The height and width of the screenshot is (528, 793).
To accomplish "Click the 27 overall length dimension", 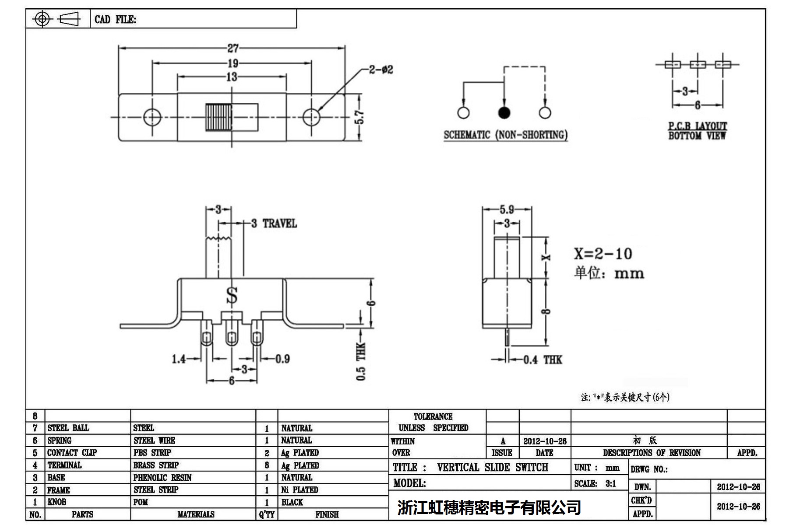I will coord(233,48).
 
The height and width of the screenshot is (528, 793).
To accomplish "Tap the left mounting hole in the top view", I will coord(152,117).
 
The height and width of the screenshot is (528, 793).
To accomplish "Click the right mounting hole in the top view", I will coord(311,117).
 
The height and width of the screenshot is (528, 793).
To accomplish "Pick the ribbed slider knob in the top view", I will coord(219,117).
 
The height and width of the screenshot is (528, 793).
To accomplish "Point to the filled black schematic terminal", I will coord(504,113).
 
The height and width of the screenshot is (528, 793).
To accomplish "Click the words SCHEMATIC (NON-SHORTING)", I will coord(505,135).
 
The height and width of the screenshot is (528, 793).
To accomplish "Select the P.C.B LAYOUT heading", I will coord(697,126).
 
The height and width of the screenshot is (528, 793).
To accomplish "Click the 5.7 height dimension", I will coord(359,117).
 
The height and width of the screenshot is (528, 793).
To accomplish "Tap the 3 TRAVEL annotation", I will coord(275,224).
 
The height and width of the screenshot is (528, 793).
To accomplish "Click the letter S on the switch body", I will coord(232,296).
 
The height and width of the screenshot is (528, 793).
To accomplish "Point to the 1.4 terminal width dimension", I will coord(179,359).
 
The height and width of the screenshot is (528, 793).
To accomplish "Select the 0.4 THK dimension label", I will coord(543,360).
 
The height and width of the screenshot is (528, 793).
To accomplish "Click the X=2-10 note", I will coord(603,254).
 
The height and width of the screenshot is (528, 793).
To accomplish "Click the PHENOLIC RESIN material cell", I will coord(162,478).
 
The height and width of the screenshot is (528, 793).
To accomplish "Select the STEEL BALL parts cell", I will coord(68,428).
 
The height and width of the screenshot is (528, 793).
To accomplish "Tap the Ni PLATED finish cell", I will coord(300,490).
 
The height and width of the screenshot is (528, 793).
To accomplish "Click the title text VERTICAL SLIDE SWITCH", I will coord(492,467).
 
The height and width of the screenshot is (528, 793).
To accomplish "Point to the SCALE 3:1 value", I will coord(610,483).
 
